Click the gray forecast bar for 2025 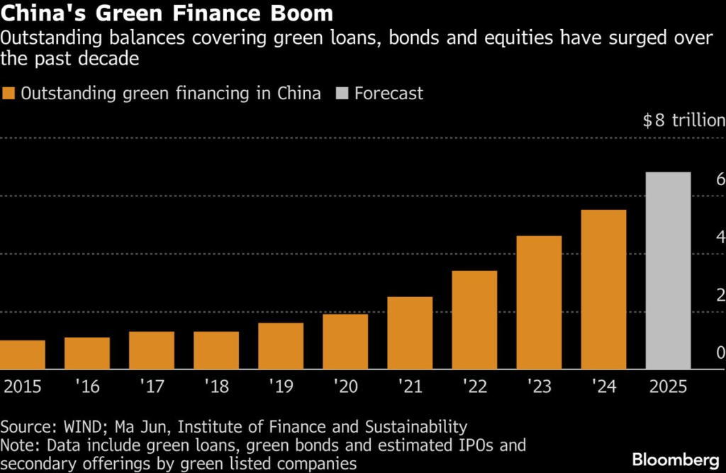[x=668, y=270]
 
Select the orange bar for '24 [x=603, y=289]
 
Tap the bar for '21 [x=410, y=333]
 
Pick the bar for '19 [x=281, y=345]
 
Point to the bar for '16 [x=87, y=352]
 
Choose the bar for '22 [x=474, y=320]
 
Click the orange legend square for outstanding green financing [x=9, y=94]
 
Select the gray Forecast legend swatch [x=342, y=94]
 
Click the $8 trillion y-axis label [x=683, y=121]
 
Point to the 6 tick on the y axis [x=720, y=179]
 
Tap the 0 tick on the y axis [x=720, y=352]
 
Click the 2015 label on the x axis [x=23, y=386]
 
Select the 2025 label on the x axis [x=668, y=386]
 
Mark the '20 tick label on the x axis [x=345, y=386]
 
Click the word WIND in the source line [x=79, y=427]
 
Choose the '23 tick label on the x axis [x=539, y=386]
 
